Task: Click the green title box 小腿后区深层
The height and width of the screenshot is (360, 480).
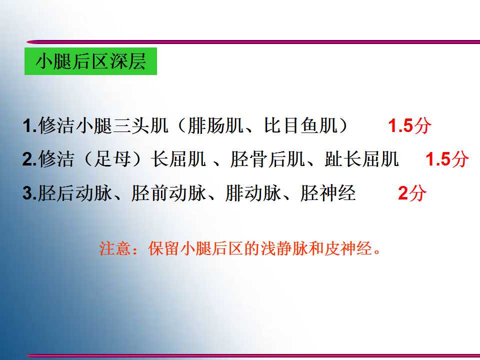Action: coord(90,61)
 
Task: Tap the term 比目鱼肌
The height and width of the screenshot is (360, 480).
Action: coord(301,125)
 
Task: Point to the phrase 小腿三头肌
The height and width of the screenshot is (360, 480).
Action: coord(122,125)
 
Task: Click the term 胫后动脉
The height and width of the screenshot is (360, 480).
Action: coord(75,193)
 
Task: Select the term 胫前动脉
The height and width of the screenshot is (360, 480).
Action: coord(168,193)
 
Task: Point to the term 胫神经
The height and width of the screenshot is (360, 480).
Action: coord(328,193)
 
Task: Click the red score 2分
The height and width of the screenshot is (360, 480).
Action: coord(412,193)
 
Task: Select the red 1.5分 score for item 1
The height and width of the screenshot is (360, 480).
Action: coord(409,125)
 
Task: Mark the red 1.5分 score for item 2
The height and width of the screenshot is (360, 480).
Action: coord(447,159)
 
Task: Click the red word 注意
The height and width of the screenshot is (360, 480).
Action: coord(115,248)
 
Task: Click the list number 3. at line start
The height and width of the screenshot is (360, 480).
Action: coord(29,193)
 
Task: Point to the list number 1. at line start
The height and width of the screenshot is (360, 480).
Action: coord(29,126)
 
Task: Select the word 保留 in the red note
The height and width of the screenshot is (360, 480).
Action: coord(164,248)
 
